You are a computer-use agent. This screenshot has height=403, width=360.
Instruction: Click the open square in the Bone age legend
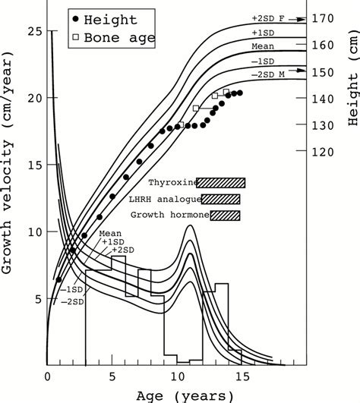pos(73,36)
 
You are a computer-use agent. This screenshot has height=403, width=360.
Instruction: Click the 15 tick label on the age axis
pos(240,376)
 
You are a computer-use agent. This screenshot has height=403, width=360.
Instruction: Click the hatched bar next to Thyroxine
pos(221,182)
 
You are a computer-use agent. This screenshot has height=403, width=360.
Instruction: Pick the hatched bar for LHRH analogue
pos(221,199)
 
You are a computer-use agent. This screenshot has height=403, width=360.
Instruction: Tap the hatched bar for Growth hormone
pos(226,216)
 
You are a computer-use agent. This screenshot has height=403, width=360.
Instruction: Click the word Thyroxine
pos(171,183)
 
